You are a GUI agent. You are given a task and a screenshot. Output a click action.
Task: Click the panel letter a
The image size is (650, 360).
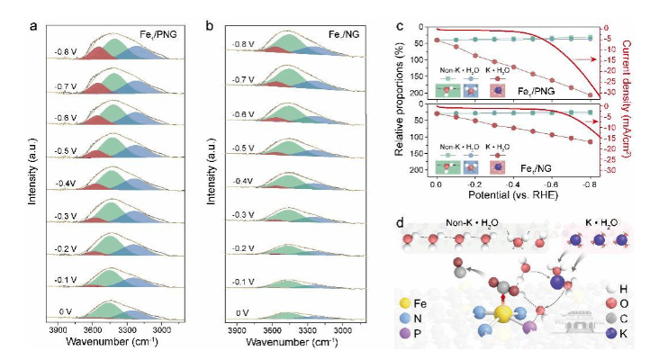[33, 24]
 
